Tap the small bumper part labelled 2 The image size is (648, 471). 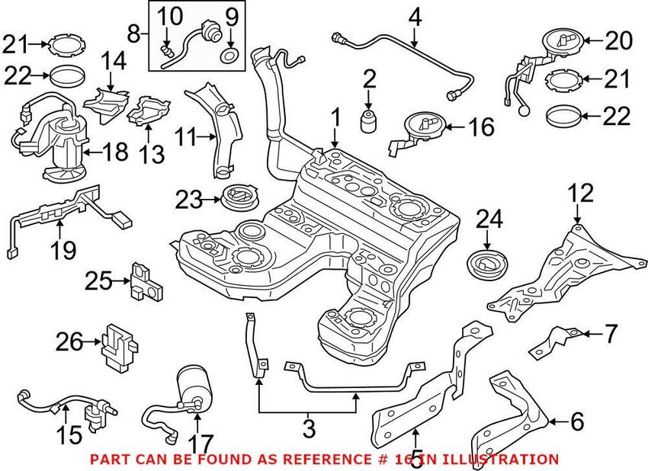pyautogui.click(x=369, y=120)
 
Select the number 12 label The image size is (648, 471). pyautogui.click(x=581, y=193)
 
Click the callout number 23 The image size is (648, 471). pyautogui.click(x=189, y=201)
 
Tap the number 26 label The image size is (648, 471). pyautogui.click(x=69, y=344)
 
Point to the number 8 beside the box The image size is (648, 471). pyautogui.click(x=134, y=34)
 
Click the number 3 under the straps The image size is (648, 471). pyautogui.click(x=308, y=429)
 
